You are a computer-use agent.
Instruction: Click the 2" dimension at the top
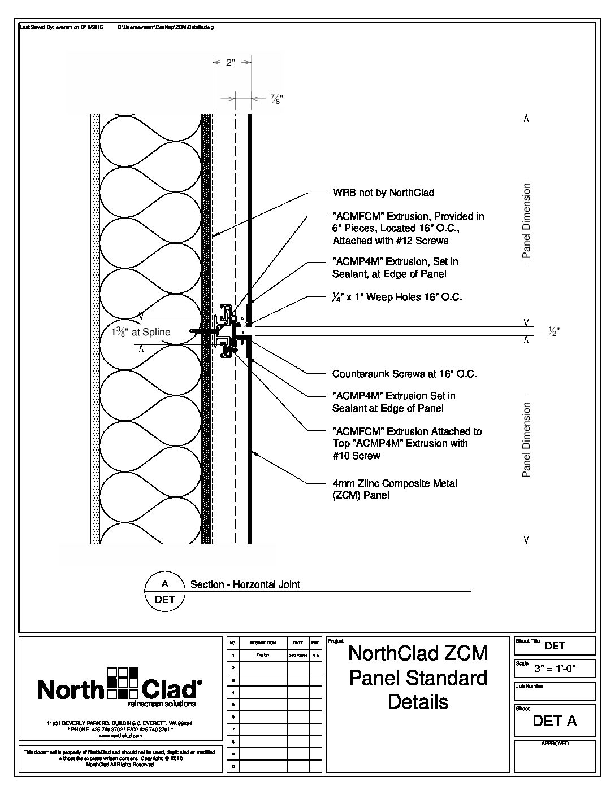pos(230,63)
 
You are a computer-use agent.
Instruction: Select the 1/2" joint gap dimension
pos(553,332)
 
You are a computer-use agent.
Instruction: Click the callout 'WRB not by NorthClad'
pos(383,193)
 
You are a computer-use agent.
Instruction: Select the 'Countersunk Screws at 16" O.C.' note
pos(404,374)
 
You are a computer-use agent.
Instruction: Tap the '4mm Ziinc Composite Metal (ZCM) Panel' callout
pos(394,489)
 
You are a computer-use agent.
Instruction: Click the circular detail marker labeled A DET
pos(165,591)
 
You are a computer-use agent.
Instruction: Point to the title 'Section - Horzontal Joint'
pos(245,584)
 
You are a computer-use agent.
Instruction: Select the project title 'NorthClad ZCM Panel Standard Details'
pos(418,677)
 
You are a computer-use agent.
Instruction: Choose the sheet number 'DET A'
pos(555,720)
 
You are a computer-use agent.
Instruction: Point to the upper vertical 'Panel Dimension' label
pos(526,221)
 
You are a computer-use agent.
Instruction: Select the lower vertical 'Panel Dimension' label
pos(526,440)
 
